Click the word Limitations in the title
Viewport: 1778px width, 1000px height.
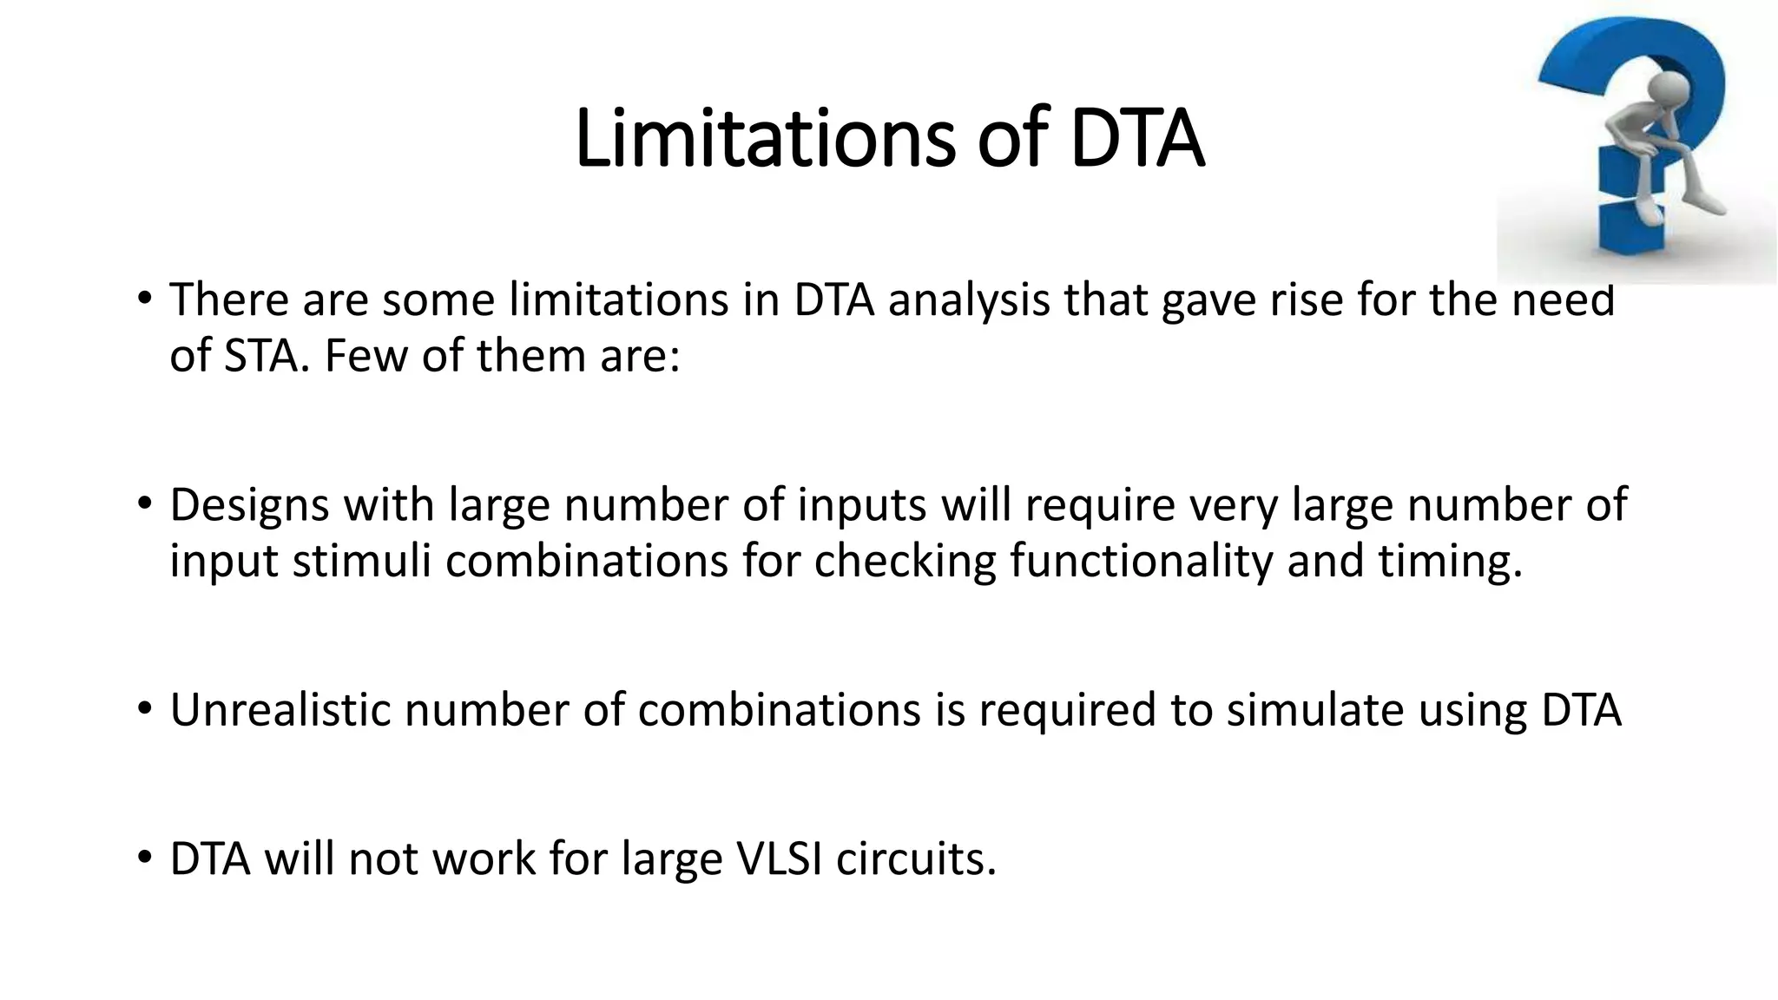[x=764, y=138]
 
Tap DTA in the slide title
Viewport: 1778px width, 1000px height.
[x=1137, y=138]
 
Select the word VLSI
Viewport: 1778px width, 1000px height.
[x=778, y=859]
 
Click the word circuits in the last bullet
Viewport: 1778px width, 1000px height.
[x=916, y=859]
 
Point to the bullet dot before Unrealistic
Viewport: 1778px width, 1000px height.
[x=144, y=709]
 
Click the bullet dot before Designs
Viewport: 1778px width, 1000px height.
[x=144, y=504]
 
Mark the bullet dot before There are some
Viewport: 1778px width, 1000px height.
[x=144, y=299]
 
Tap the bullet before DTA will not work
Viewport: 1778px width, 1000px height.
[x=144, y=859]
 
